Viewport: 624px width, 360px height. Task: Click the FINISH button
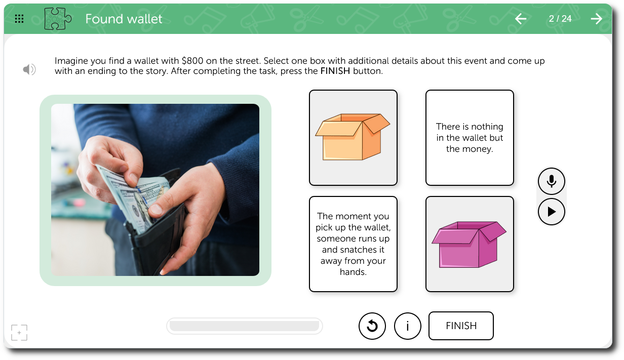point(461,326)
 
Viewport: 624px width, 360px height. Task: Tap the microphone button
point(551,181)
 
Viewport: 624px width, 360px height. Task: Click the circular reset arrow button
point(372,326)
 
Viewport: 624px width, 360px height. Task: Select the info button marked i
point(408,326)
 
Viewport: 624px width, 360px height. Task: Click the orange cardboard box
point(353,137)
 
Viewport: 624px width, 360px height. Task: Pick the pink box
point(469,245)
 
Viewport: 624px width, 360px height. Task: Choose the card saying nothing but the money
point(470,138)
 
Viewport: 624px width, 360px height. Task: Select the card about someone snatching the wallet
point(353,244)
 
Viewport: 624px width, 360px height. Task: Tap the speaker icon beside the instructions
point(29,69)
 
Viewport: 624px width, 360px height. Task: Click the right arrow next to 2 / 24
point(597,19)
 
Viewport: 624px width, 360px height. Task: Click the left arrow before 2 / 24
point(520,19)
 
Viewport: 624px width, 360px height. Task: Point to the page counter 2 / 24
point(560,19)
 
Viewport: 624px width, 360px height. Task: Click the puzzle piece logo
point(58,19)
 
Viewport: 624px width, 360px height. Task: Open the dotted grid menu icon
point(19,19)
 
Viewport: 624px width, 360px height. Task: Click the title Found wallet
point(124,19)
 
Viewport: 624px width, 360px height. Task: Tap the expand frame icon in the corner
point(19,333)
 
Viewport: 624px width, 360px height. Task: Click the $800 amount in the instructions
point(192,61)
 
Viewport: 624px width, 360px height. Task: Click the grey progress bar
point(244,326)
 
